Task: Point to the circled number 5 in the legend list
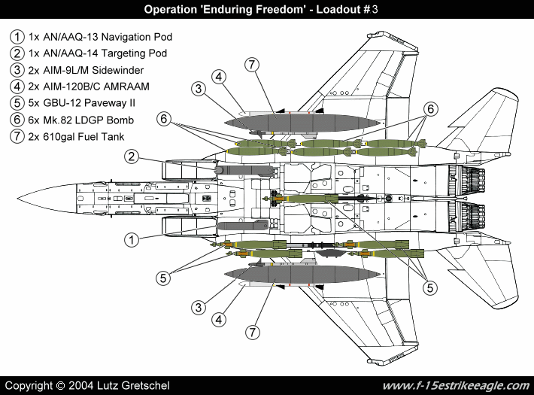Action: (x=17, y=103)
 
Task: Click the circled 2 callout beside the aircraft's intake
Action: (x=132, y=156)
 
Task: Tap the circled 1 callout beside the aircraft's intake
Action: (x=131, y=240)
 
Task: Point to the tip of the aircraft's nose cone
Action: (x=19, y=198)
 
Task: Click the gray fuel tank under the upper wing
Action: (x=301, y=121)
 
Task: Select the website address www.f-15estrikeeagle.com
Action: (x=456, y=385)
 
